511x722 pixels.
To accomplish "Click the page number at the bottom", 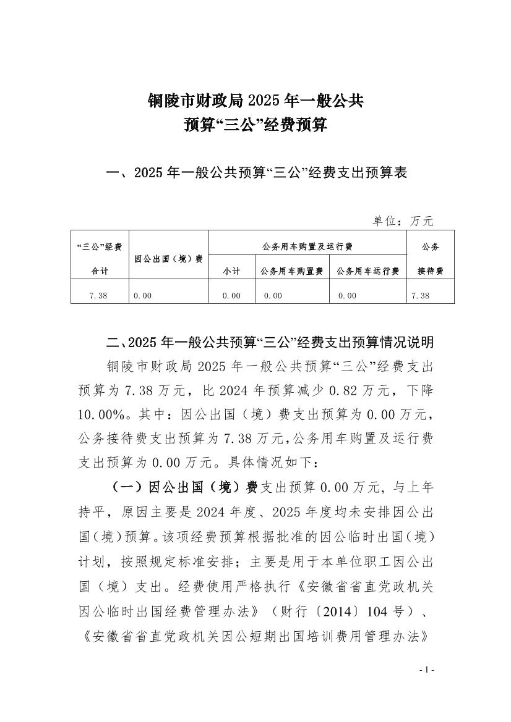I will (427, 670).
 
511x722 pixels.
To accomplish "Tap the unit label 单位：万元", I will (403, 220).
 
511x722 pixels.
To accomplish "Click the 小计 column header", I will (231, 271).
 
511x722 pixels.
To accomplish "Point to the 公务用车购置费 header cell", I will (292, 271).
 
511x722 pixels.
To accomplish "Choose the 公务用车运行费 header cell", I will (368, 271).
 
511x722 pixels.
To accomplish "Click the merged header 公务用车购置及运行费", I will (307, 247).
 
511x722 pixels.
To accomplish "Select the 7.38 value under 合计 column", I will (98, 296).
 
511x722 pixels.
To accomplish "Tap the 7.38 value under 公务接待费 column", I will (420, 296).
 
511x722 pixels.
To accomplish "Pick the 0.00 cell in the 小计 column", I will (231, 296).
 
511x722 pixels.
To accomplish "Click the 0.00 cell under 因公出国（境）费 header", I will (143, 296).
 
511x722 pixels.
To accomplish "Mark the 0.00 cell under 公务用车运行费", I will (347, 296).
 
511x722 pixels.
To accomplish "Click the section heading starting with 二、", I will (270, 342).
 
